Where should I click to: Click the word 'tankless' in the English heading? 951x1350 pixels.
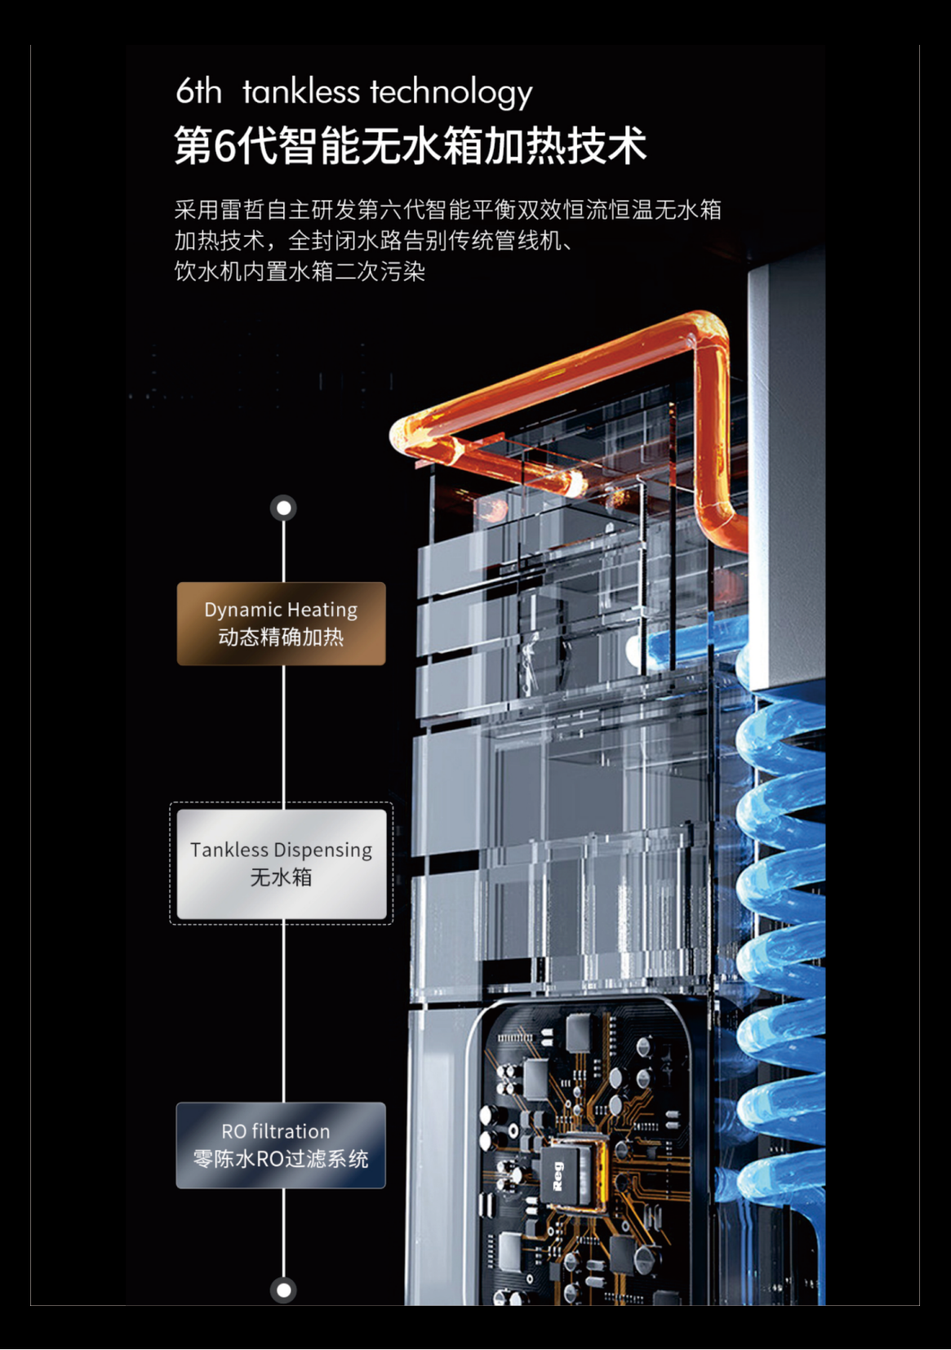coord(300,91)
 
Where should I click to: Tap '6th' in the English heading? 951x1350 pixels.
coord(198,91)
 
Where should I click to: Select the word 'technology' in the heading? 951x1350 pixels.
coord(451,93)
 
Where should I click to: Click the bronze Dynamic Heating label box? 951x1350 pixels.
coord(281,624)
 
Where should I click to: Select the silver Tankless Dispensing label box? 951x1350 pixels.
coord(281,864)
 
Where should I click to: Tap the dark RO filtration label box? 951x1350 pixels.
coord(281,1145)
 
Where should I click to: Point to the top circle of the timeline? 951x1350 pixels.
coord(283,508)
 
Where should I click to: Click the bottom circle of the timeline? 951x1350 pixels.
coord(283,1290)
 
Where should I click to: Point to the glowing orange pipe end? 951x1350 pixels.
coord(576,483)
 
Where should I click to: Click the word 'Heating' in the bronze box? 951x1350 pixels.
coord(322,610)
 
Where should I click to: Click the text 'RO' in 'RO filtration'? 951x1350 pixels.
coord(233,1131)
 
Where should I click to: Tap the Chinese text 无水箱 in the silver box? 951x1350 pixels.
coord(281,877)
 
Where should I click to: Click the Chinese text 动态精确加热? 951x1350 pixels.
coord(281,637)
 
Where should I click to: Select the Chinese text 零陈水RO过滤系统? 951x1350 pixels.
coord(281,1159)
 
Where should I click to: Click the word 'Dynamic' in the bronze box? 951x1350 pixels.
coord(242,610)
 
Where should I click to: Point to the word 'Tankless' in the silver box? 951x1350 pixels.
coord(229,850)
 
